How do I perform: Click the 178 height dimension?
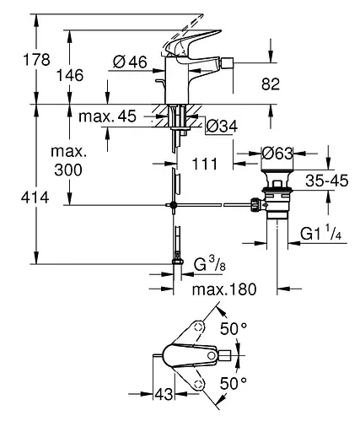coord(36,60)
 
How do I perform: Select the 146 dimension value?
coord(70,75)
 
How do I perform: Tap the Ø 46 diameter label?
coord(130,62)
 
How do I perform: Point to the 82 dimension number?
coord(271,84)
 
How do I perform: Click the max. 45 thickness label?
coord(107,116)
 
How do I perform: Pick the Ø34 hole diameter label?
coord(222,127)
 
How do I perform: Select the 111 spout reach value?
coord(205,164)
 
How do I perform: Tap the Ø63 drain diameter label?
coord(277,154)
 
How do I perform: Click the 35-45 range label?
coord(327,181)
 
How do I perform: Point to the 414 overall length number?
coord(35,197)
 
